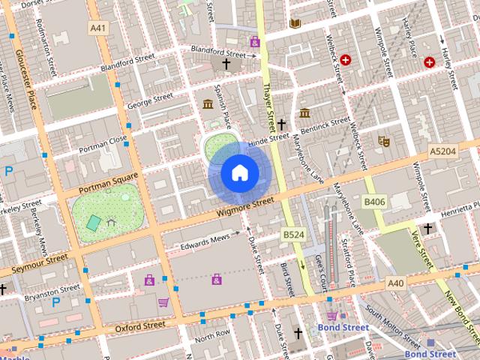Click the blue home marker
pos(240,172)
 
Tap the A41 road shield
pos(97,28)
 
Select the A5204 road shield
pos(442,151)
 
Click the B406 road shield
pos(374,202)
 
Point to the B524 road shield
pos(292,235)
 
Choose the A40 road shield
pos(396,283)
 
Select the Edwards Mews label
pos(204,241)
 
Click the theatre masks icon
pos(383,140)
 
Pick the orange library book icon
pos(294,24)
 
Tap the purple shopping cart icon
pos(163,302)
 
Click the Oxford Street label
pos(140,326)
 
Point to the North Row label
pos(212,333)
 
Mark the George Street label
pos(150,100)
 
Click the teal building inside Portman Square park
pos(93,223)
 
